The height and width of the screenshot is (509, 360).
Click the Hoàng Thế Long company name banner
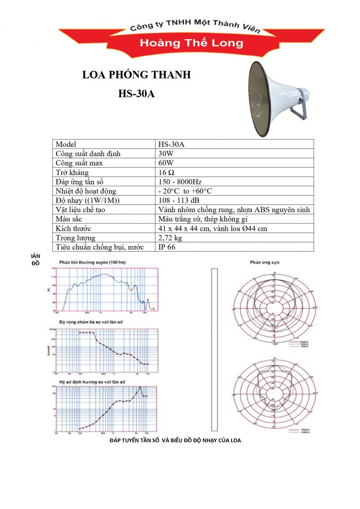tap(192, 43)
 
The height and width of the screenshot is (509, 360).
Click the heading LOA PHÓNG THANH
tap(136, 75)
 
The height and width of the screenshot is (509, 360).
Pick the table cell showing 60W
tap(165, 163)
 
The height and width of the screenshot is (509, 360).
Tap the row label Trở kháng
tap(72, 173)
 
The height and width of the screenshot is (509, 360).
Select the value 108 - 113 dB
tap(179, 200)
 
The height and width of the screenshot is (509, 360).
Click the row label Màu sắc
tap(69, 219)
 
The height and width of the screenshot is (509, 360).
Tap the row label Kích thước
tap(73, 228)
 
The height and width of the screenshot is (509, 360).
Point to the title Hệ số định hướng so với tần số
tap(93, 382)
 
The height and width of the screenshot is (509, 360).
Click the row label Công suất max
tap(79, 163)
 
